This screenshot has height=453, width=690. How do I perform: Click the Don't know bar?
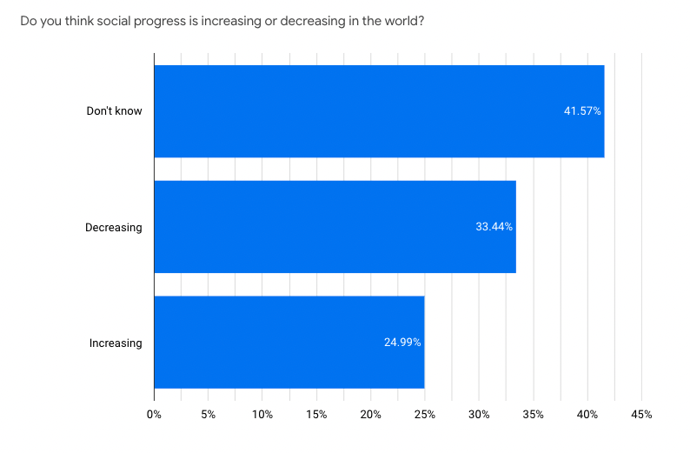[x=378, y=111]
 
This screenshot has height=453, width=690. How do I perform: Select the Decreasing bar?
[x=335, y=227]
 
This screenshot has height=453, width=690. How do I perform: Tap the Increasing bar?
[x=289, y=343]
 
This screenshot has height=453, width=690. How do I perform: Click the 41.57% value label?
[x=582, y=111]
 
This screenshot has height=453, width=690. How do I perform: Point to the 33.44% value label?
[x=494, y=227]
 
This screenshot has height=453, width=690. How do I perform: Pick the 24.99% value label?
[x=402, y=343]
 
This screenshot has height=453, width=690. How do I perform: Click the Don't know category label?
[x=114, y=111]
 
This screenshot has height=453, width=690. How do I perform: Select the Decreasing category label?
[x=113, y=227]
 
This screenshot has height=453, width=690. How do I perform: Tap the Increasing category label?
[x=116, y=343]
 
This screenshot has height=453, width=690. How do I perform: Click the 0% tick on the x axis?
[x=154, y=415]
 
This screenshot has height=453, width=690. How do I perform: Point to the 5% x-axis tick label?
[x=208, y=415]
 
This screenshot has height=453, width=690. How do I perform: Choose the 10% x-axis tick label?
[x=262, y=415]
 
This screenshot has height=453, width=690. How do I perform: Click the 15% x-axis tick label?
[x=316, y=415]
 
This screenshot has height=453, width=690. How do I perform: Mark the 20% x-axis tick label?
[x=371, y=415]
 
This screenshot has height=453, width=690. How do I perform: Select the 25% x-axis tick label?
[x=425, y=415]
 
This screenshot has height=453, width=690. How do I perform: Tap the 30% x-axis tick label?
[x=479, y=415]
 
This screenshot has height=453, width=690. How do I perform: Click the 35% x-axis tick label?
[x=534, y=415]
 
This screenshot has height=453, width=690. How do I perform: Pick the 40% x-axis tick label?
[x=587, y=415]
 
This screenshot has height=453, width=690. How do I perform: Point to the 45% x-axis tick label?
[x=641, y=415]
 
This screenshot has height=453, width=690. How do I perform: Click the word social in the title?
[x=109, y=19]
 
